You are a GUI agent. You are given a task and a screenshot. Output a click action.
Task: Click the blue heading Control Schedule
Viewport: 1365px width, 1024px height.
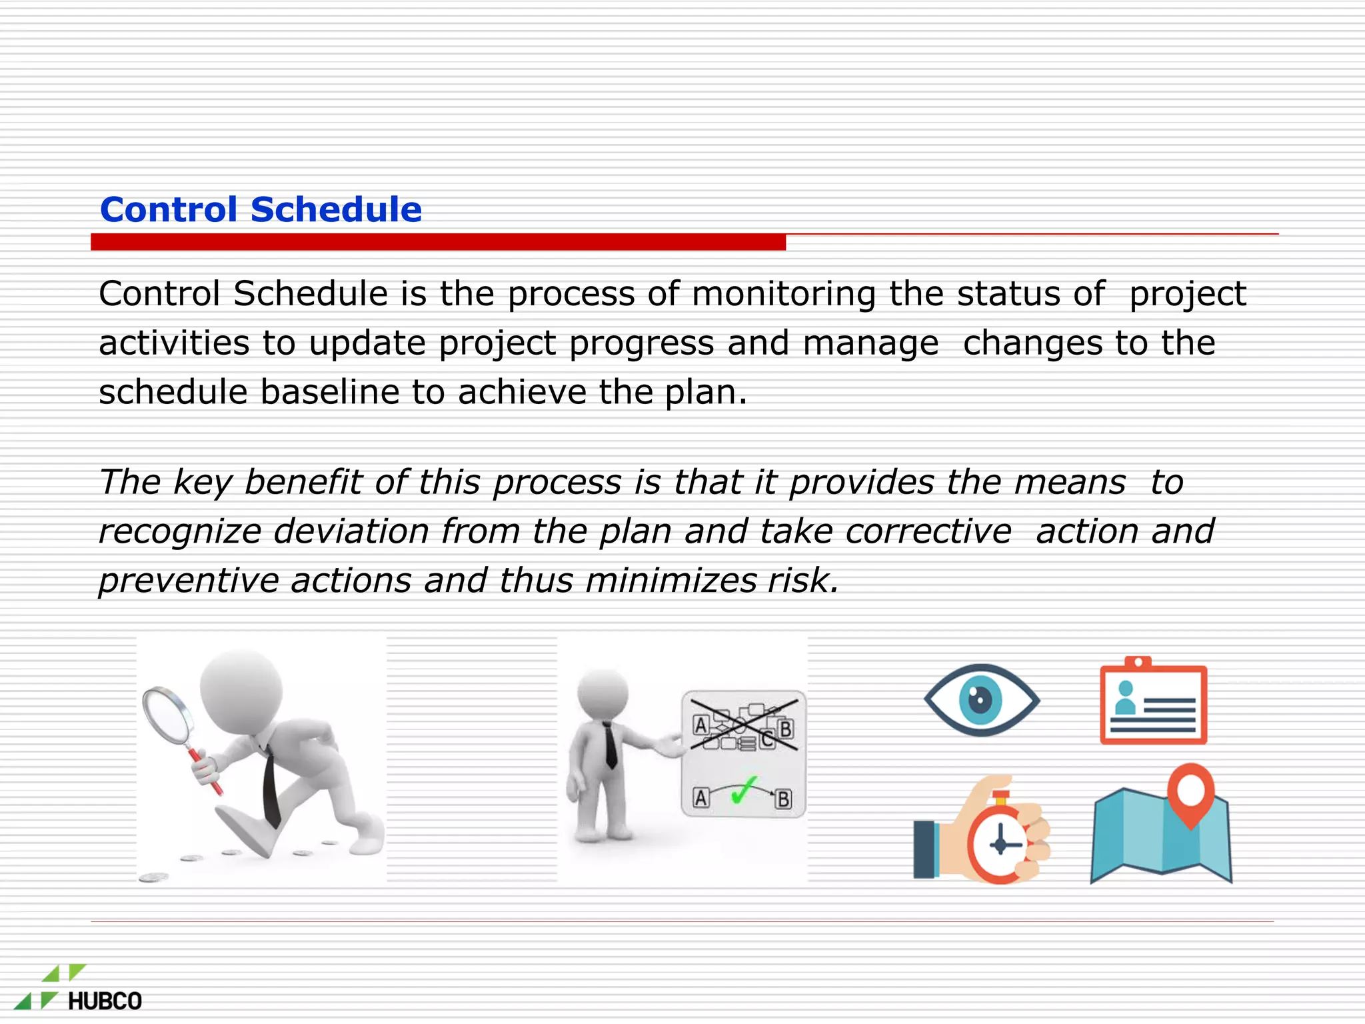261,209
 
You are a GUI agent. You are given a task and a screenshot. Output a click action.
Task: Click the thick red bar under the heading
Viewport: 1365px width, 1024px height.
438,242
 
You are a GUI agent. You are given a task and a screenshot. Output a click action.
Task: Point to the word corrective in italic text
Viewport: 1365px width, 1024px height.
928,532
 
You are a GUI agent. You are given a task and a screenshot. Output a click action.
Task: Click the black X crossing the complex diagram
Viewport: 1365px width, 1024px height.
743,725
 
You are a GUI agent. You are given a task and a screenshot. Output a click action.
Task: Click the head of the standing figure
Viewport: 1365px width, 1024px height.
603,693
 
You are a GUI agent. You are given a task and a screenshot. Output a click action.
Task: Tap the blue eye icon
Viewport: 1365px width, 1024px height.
980,700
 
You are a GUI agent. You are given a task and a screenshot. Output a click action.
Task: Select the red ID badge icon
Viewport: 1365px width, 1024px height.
1153,703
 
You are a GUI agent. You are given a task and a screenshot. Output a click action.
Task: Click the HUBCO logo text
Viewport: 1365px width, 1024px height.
105,1001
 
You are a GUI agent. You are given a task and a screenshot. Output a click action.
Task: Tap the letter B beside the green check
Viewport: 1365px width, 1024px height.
783,799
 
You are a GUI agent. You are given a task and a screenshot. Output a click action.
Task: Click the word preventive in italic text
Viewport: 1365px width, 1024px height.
189,581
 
